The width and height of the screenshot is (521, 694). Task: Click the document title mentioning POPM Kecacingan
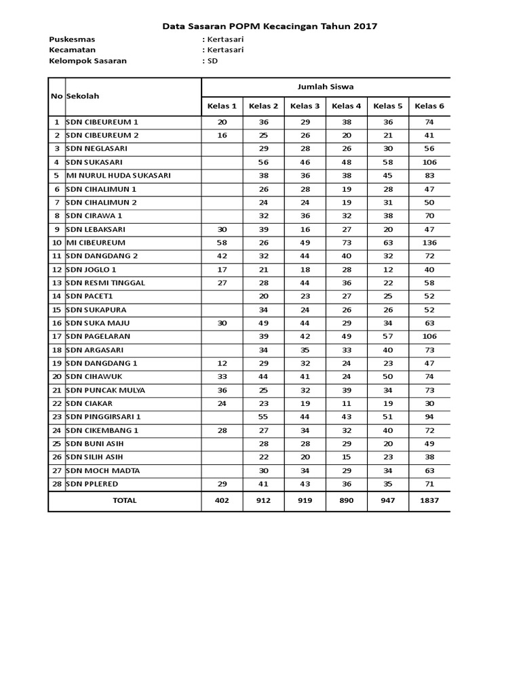click(x=269, y=26)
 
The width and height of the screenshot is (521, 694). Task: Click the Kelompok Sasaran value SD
click(x=212, y=61)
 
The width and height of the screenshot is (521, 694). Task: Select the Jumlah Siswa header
click(x=326, y=87)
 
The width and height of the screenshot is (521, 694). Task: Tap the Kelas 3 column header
click(x=305, y=106)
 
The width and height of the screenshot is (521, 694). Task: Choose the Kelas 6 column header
click(x=429, y=106)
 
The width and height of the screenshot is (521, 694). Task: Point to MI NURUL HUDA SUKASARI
click(x=118, y=176)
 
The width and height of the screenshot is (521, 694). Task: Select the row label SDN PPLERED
click(x=93, y=484)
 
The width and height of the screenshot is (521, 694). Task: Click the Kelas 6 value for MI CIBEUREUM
click(x=429, y=243)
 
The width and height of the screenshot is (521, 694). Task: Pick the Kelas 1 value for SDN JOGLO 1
click(x=222, y=270)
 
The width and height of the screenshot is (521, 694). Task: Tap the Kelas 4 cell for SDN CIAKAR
click(x=347, y=404)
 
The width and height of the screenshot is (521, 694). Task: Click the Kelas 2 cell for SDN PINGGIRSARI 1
click(x=263, y=417)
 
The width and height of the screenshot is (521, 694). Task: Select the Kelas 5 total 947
click(x=388, y=501)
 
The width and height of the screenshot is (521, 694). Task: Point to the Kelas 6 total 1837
click(x=429, y=501)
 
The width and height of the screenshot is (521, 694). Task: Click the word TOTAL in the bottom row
click(x=125, y=501)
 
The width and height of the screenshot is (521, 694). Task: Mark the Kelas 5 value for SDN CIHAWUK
click(x=388, y=377)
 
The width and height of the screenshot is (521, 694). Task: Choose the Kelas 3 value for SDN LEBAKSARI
click(x=305, y=230)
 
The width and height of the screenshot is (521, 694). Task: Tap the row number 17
click(x=57, y=337)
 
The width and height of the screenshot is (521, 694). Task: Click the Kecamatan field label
click(x=73, y=50)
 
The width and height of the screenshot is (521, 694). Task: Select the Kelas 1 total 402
click(x=222, y=501)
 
